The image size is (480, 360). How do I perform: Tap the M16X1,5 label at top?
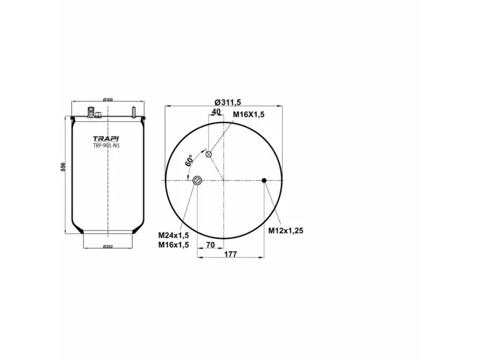[x=249, y=114]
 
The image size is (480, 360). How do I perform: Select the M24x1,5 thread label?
[x=174, y=235]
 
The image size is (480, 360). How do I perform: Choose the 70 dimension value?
[x=210, y=245]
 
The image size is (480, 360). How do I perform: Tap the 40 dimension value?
[x=216, y=112]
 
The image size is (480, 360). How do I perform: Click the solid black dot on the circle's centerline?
[x=264, y=180]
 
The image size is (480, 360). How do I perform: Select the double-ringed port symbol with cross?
[x=197, y=180]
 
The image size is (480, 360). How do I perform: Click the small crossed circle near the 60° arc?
[x=209, y=155]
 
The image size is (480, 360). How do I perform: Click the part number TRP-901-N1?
[x=106, y=145]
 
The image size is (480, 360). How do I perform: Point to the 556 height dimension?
[x=63, y=168]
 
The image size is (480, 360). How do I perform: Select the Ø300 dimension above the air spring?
[x=108, y=99]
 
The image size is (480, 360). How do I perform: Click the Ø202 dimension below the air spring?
[x=108, y=247]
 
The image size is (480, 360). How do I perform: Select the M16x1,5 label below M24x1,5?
[x=174, y=245]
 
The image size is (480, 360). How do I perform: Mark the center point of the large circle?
[x=222, y=180]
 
